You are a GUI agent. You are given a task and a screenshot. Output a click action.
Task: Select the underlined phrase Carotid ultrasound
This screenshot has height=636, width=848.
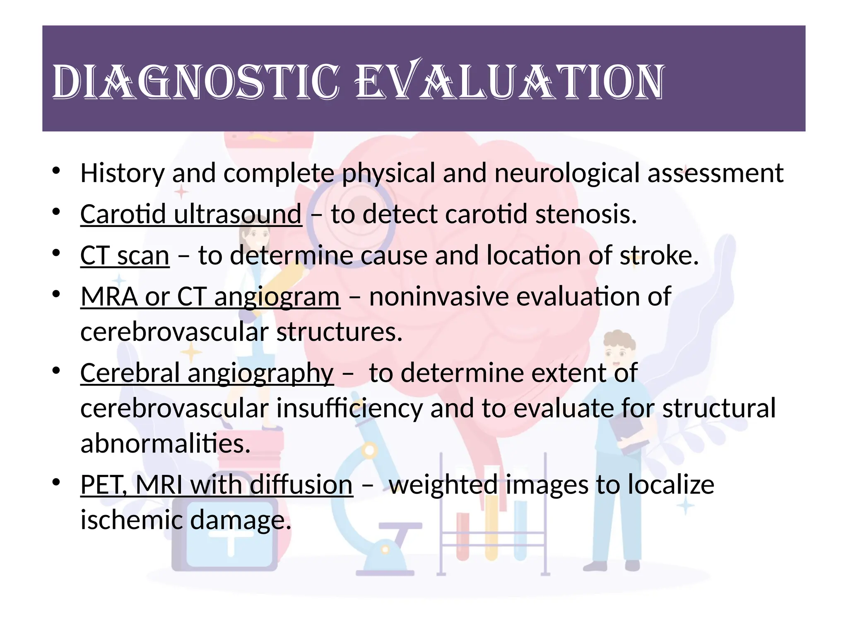(x=191, y=214)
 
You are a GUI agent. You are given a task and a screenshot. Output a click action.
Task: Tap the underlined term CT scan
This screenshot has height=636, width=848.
(x=125, y=255)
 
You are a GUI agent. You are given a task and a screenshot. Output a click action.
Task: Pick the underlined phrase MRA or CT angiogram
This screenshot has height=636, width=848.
(x=210, y=297)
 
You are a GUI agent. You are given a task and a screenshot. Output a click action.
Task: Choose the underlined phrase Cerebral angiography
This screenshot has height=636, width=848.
(x=207, y=373)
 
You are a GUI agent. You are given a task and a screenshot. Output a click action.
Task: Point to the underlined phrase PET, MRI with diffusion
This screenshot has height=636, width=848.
(x=217, y=484)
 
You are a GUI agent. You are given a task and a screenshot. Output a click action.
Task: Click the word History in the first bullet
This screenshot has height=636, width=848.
(x=122, y=173)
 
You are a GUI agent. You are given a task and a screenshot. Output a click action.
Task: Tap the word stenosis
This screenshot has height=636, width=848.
(x=585, y=214)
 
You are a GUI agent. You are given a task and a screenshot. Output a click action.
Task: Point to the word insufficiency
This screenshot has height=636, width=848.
(x=349, y=408)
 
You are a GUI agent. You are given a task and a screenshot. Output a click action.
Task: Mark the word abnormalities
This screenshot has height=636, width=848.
(x=165, y=443)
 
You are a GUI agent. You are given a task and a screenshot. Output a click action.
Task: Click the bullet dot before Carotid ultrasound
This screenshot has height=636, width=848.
(x=57, y=212)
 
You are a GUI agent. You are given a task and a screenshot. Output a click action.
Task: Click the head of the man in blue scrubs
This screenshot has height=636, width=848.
(x=619, y=350)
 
